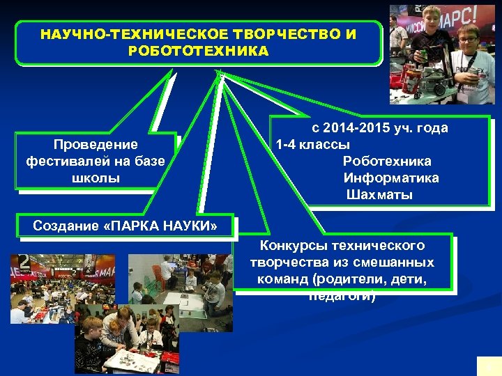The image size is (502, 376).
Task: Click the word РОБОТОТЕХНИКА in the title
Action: click(x=198, y=51)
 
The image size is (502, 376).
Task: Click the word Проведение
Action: click(x=96, y=145)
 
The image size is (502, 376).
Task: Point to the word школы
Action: click(x=96, y=178)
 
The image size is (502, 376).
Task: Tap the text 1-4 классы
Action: click(x=313, y=145)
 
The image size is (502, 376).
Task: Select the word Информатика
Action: click(x=391, y=178)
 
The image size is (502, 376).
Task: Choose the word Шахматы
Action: click(x=379, y=194)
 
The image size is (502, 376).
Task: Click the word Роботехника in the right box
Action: click(x=387, y=162)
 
